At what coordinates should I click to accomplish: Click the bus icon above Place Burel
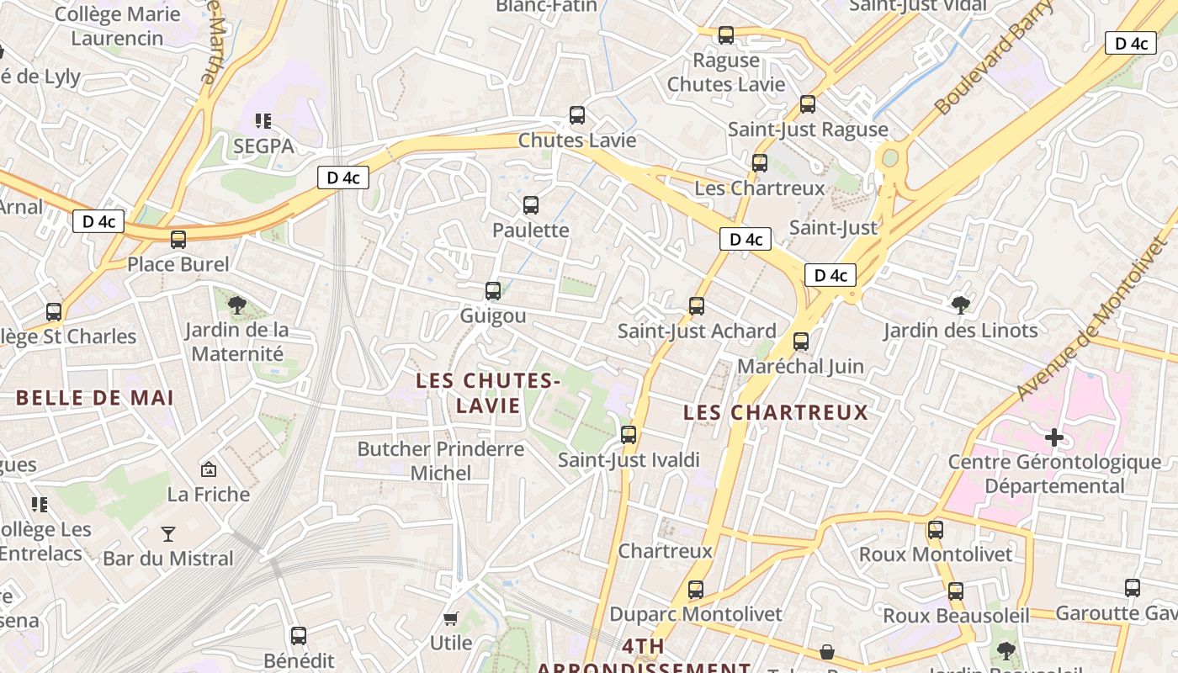pos(178,240)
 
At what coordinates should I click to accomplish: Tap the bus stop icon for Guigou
pos(493,291)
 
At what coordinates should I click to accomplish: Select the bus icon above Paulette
pos(531,205)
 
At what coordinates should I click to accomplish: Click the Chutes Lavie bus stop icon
pos(577,115)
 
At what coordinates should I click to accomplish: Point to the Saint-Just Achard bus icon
pos(697,306)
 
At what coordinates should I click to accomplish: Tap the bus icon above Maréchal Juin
pos(801,342)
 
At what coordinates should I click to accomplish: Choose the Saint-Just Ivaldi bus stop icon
pos(629,435)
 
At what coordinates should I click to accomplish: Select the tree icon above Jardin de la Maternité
pos(237,305)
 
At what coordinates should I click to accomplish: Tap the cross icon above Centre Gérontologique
pos(1053,437)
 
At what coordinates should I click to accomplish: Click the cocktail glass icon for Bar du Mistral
pos(168,533)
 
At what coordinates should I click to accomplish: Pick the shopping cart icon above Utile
pos(451,619)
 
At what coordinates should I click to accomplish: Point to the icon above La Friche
pos(208,469)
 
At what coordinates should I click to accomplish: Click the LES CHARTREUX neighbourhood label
pos(775,412)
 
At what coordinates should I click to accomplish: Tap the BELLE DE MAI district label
pos(95,398)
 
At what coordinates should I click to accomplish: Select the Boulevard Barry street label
pos(994,58)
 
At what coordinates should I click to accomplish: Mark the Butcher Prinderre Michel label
pos(441,461)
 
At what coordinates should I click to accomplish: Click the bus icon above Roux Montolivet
pos(936,530)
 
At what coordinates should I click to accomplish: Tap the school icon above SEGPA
pos(263,121)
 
